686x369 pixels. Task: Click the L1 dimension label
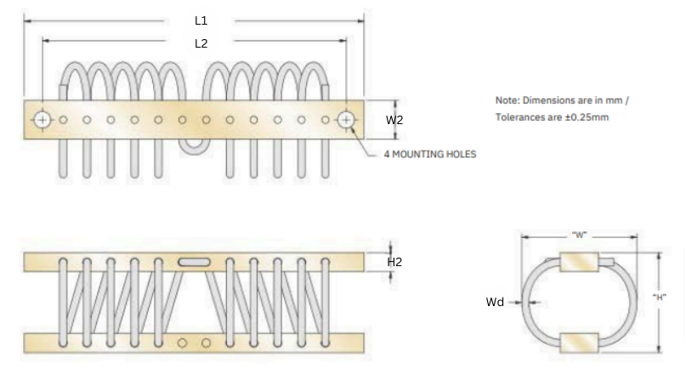[x=201, y=20]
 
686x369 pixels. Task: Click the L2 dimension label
[x=201, y=43]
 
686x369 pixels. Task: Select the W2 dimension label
[x=394, y=120]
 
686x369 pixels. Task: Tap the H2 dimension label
[x=394, y=262]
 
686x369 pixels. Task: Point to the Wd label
[x=494, y=302]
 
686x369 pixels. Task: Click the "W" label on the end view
[x=580, y=234]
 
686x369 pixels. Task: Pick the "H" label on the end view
[x=658, y=297]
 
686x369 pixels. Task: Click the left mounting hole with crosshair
[x=42, y=120]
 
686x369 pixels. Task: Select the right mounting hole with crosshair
[x=345, y=120]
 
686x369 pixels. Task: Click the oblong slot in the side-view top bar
[x=195, y=262]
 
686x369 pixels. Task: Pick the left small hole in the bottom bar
[x=184, y=343]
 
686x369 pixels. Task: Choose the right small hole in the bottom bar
[x=206, y=343]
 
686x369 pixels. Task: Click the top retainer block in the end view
[x=580, y=262]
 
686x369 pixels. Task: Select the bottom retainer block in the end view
[x=580, y=343]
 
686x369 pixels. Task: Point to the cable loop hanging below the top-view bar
[x=195, y=148]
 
